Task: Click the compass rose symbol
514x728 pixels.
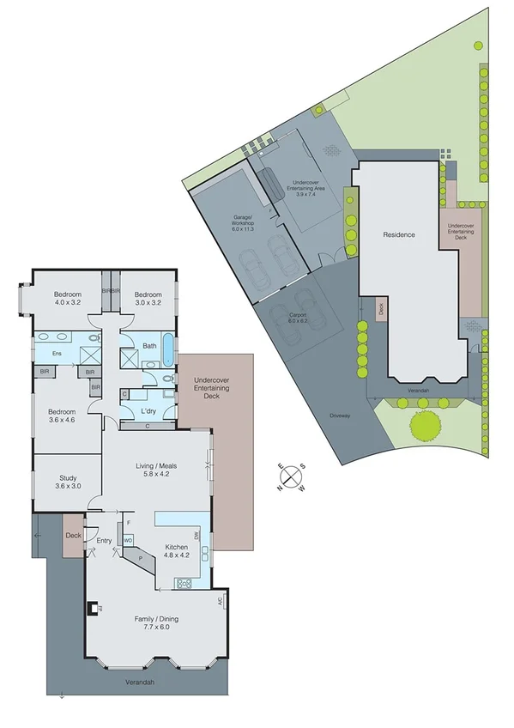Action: point(292,477)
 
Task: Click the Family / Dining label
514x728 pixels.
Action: point(155,622)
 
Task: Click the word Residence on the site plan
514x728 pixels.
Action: point(399,234)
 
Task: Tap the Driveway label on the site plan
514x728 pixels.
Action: point(340,416)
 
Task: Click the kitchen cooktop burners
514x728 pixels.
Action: point(184,584)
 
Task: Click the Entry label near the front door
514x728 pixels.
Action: point(105,540)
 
